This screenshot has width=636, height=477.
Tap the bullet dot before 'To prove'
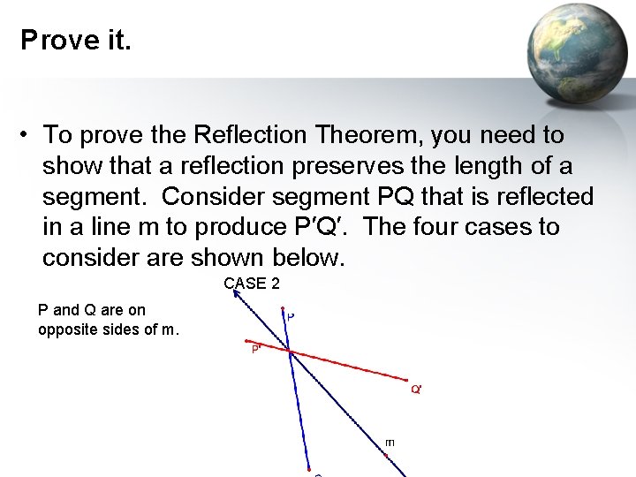[x=29, y=135]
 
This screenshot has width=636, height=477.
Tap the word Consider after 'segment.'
[x=209, y=196]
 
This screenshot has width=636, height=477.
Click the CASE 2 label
[x=252, y=283]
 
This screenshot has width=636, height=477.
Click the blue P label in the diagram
[x=291, y=314]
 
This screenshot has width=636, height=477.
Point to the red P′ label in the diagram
[x=256, y=350]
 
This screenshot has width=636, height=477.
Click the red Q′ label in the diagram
[x=416, y=390]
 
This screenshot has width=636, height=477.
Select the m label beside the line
[x=390, y=442]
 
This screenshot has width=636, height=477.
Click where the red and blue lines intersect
[x=290, y=352]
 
